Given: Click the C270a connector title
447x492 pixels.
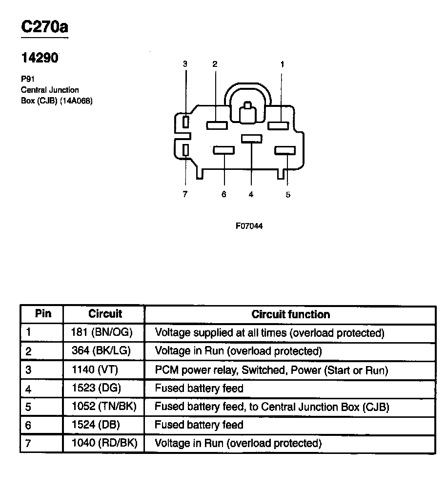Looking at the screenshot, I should (x=44, y=27).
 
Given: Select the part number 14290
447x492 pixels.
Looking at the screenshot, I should (x=40, y=58).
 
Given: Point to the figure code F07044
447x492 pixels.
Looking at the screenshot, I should (x=249, y=226).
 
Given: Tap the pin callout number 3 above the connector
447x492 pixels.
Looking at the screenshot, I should (x=185, y=64).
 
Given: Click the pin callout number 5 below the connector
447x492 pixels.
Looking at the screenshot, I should (x=288, y=194).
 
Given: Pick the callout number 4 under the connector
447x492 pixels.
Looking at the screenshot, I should (x=251, y=194).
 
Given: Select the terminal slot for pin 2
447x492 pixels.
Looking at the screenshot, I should (x=217, y=125).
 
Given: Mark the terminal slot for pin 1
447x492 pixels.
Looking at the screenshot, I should (x=278, y=125).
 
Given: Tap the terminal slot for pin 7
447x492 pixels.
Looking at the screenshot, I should (x=185, y=150).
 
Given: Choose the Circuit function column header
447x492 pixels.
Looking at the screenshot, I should (x=290, y=314).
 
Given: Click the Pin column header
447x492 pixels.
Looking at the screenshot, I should (x=43, y=314).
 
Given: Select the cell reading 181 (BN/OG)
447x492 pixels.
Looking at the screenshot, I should (x=104, y=333).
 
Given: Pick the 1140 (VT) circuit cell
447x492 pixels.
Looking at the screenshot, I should (x=104, y=370).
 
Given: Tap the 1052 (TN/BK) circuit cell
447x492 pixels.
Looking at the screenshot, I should (x=104, y=407).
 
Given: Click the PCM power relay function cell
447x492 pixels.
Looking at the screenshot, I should (x=271, y=370).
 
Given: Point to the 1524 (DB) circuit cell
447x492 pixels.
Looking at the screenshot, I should (x=104, y=425).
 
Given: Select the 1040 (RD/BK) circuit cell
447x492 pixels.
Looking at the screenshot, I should (x=104, y=443).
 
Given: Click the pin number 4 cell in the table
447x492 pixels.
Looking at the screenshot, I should (x=29, y=389).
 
